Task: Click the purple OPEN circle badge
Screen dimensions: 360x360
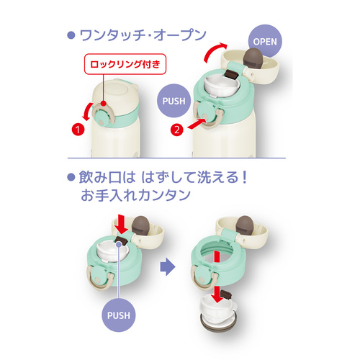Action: point(265,41)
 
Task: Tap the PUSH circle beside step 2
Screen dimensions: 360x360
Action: point(174,101)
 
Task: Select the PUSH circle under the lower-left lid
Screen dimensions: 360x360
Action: point(119,315)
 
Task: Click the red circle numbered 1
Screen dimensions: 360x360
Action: point(78,130)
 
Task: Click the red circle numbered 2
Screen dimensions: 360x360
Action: point(176,130)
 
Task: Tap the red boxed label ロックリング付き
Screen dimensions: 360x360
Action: point(125,64)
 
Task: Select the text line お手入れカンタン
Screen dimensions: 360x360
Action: point(135,195)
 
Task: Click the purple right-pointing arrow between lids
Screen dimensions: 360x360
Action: point(168,266)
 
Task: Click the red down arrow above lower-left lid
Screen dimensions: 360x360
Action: point(121,225)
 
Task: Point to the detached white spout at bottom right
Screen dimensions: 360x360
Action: point(218,312)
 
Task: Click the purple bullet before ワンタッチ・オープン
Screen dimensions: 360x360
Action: point(71,35)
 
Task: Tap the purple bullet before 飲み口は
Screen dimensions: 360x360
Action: point(71,177)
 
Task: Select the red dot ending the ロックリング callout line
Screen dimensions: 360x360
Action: point(104,104)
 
